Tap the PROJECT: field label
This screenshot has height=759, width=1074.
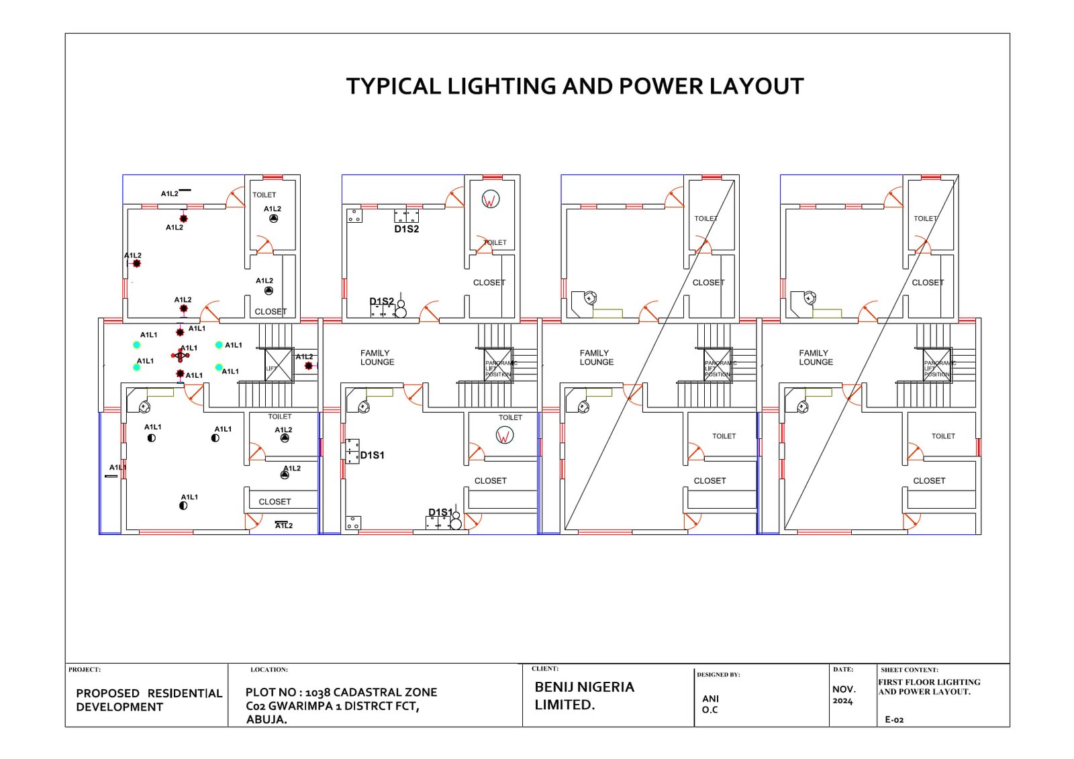point(84,670)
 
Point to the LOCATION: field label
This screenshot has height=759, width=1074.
point(269,670)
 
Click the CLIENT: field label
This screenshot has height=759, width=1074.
point(545,668)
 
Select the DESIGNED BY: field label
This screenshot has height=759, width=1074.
point(718,674)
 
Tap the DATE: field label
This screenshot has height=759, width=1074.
point(843,669)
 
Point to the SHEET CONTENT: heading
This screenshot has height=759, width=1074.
point(910,670)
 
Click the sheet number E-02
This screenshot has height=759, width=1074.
point(894,719)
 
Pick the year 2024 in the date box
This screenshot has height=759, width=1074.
point(842,701)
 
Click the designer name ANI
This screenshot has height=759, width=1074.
point(710,699)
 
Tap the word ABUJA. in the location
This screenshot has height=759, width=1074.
point(266,719)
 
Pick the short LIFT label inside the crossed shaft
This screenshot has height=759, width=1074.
point(271,368)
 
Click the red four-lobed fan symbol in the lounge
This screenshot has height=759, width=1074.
point(180,356)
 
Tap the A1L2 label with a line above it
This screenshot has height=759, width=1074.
point(284,525)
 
